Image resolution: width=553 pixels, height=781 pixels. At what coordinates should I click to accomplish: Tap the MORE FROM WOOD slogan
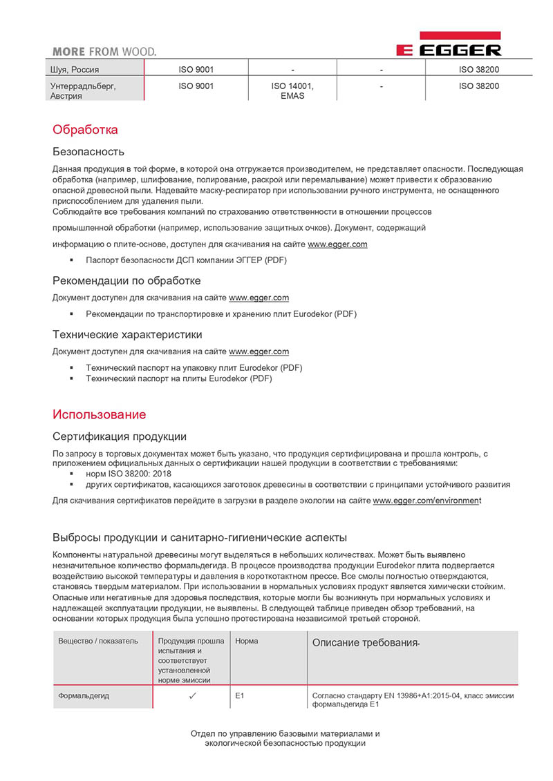click(x=104, y=51)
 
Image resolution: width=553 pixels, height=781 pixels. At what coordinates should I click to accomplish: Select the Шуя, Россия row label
click(x=77, y=70)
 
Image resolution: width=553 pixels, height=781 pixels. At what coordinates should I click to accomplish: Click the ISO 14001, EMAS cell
click(x=292, y=91)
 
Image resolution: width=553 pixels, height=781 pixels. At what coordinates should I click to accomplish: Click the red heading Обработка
click(x=86, y=130)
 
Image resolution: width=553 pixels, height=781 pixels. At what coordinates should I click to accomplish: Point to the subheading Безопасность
click(x=88, y=151)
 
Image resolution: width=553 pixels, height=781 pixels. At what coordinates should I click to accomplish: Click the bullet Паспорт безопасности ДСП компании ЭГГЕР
click(x=186, y=260)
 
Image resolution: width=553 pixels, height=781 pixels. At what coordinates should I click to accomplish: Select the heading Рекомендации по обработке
click(x=127, y=280)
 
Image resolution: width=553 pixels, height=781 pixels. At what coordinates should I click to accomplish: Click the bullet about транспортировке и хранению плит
click(x=221, y=314)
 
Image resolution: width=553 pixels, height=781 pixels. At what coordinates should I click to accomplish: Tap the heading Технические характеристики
click(x=128, y=334)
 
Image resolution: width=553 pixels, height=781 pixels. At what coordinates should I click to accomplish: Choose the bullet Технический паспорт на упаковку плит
click(x=194, y=367)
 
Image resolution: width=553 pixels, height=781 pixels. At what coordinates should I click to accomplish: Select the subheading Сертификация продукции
click(x=120, y=436)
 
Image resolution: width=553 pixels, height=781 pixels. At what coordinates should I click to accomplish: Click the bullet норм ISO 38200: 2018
click(x=129, y=474)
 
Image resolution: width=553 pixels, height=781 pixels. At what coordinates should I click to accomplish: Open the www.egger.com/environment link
click(x=426, y=501)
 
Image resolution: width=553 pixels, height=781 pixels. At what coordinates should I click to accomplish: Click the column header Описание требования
click(x=366, y=643)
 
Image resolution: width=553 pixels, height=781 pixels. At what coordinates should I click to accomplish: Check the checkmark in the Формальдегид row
click(x=192, y=696)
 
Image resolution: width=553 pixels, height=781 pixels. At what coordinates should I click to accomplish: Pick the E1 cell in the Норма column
click(x=240, y=696)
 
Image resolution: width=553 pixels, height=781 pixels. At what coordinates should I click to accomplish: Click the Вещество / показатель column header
click(x=98, y=641)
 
